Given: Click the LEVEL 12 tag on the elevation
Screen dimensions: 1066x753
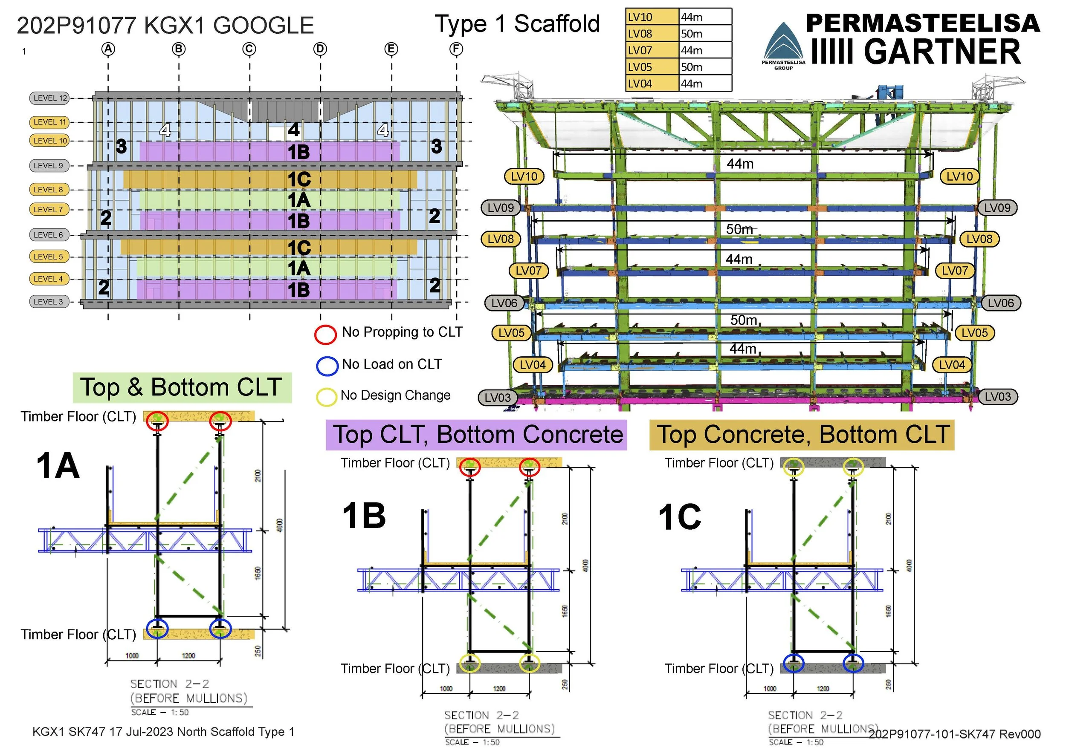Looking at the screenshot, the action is (x=50, y=98).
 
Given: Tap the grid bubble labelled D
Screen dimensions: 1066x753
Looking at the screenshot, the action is (x=320, y=49).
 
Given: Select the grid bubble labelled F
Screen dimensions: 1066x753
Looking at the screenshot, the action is (x=456, y=49).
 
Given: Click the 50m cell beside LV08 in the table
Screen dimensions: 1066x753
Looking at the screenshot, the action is (x=704, y=34).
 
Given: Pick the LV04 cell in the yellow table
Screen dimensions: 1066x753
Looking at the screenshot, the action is (x=652, y=84).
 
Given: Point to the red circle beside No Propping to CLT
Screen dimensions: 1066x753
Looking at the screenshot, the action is (x=325, y=334).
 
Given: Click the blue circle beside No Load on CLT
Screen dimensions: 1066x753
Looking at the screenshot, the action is (x=327, y=366).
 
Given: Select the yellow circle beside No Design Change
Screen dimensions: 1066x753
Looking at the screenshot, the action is (x=326, y=397).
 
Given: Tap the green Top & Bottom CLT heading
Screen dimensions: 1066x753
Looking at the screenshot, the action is (x=182, y=387).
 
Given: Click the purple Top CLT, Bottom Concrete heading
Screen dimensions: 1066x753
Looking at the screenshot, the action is (x=476, y=435).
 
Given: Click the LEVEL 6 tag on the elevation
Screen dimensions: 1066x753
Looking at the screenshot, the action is (x=48, y=235).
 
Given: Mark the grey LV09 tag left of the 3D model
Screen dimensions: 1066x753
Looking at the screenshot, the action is (x=501, y=208).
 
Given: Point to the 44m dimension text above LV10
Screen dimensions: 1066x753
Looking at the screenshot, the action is (x=740, y=164).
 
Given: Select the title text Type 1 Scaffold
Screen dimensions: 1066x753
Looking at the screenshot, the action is (x=517, y=24).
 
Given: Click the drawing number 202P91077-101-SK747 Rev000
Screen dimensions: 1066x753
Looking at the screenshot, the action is (x=955, y=734).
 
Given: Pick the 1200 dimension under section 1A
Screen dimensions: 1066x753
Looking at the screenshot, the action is (x=188, y=655).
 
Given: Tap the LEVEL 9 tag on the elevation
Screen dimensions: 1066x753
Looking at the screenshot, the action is (x=48, y=166).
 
